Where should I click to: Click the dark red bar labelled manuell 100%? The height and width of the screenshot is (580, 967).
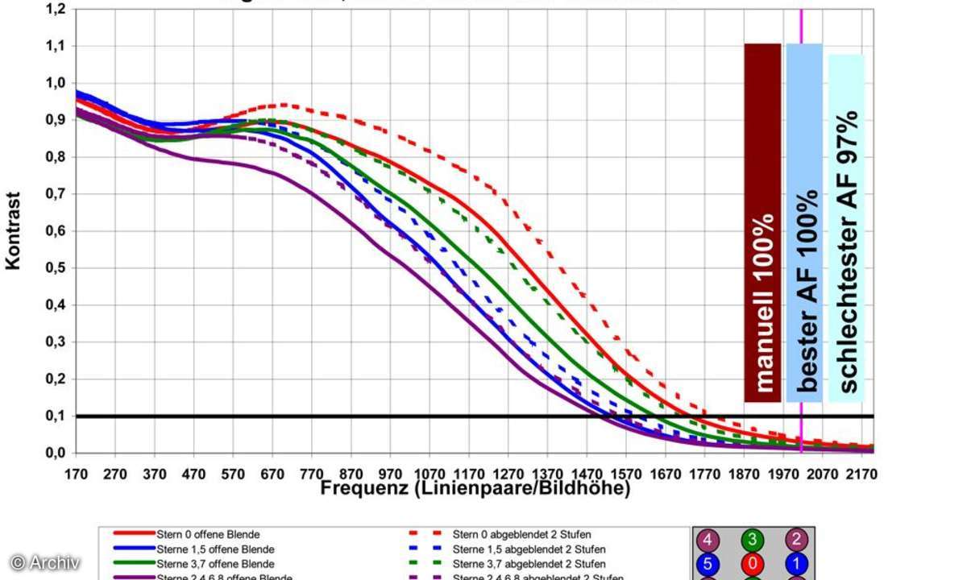[x=762, y=222]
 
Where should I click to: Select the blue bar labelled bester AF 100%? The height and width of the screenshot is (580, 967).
[x=804, y=222]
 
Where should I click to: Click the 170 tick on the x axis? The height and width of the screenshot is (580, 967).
[x=76, y=474]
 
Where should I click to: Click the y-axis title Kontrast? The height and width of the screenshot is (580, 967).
[x=14, y=230]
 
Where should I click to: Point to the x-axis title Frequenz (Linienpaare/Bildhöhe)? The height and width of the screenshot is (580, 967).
[x=475, y=488]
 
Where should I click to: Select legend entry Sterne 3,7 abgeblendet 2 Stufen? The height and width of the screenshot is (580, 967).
[x=529, y=564]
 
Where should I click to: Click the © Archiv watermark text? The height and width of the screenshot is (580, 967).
[x=45, y=562]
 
